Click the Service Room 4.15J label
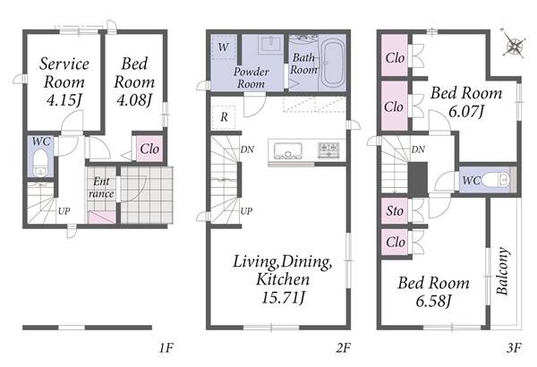point(64,81)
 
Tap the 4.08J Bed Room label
point(134,81)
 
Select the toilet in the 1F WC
point(40,162)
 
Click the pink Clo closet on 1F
point(149,149)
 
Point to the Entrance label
point(101,187)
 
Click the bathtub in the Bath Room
point(333,63)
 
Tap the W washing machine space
point(223,47)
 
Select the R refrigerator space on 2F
point(224,117)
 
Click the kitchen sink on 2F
point(288,151)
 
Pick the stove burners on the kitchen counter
point(328,149)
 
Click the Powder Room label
point(251,78)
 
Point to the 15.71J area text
point(283,297)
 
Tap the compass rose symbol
point(514,44)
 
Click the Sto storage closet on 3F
point(395,210)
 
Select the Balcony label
point(503,270)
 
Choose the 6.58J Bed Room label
point(433,292)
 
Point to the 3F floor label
point(514,348)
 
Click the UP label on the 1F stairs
point(64,211)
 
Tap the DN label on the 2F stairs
point(247,149)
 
